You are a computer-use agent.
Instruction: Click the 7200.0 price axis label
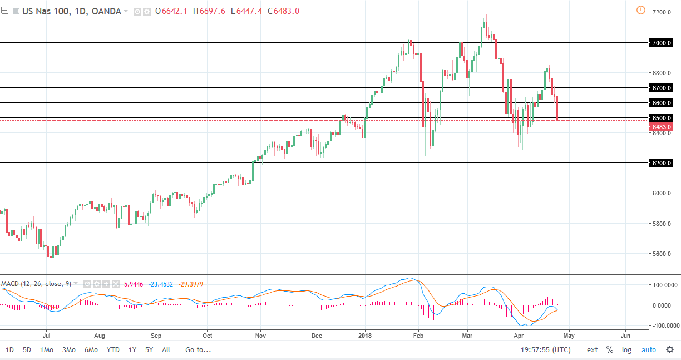pyautogui.click(x=662, y=12)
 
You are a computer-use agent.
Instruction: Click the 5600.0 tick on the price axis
pyautogui.click(x=662, y=254)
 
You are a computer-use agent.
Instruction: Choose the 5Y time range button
pyautogui.click(x=149, y=350)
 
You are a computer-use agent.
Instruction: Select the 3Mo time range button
pyautogui.click(x=69, y=350)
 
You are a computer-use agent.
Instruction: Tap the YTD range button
pyautogui.click(x=113, y=350)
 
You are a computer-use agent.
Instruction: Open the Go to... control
pyautogui.click(x=198, y=350)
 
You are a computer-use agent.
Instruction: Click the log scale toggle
pyautogui.click(x=626, y=350)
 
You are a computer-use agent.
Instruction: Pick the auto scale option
pyautogui.click(x=649, y=350)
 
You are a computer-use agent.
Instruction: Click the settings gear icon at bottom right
pyautogui.click(x=670, y=350)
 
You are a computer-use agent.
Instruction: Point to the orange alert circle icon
pyautogui.click(x=640, y=10)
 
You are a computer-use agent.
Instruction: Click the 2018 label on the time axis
pyautogui.click(x=365, y=336)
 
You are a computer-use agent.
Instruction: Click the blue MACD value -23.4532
pyautogui.click(x=160, y=284)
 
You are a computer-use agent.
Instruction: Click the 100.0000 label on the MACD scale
pyautogui.click(x=664, y=285)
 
